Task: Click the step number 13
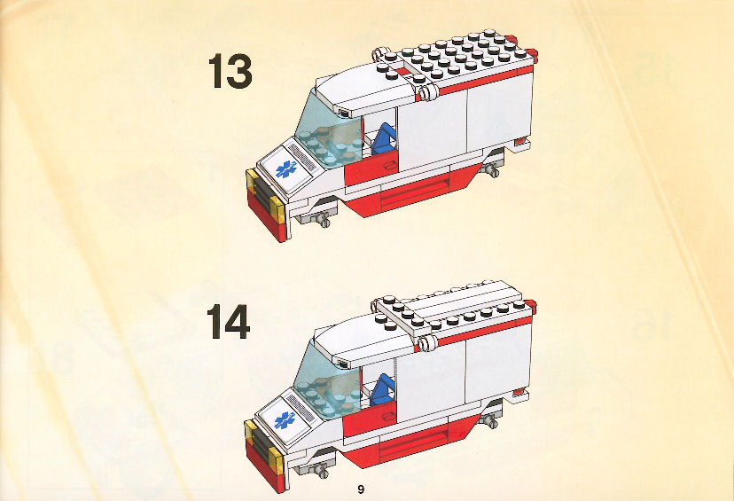(230, 71)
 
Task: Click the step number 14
(229, 321)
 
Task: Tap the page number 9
(361, 489)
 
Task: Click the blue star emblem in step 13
(285, 169)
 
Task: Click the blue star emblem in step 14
(285, 420)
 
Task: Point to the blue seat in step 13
(385, 138)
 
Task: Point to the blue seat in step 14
(383, 389)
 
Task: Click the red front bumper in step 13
(265, 215)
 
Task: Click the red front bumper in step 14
(264, 466)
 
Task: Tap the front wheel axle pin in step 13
(321, 219)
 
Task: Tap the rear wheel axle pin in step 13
(493, 169)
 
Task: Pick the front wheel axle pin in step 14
(320, 470)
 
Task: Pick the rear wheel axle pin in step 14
(490, 421)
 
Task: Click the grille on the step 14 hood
(299, 407)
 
